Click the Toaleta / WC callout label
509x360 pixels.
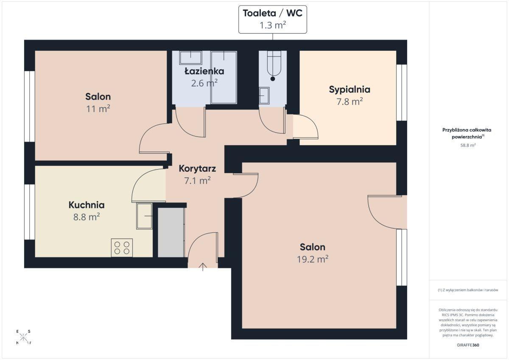pyautogui.click(x=272, y=13)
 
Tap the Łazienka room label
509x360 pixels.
pyautogui.click(x=204, y=71)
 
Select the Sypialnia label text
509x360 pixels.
pyautogui.click(x=350, y=89)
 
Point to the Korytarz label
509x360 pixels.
pyautogui.click(x=197, y=168)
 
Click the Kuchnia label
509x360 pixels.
pyautogui.click(x=87, y=205)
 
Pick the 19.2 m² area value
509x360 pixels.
pyautogui.click(x=313, y=259)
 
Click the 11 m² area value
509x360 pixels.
pyautogui.click(x=98, y=109)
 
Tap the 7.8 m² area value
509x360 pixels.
pyautogui.click(x=350, y=101)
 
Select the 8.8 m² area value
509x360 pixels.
pyautogui.click(x=87, y=217)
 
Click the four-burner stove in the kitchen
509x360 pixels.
pyautogui.click(x=122, y=248)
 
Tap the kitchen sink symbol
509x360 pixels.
pyautogui.click(x=145, y=216)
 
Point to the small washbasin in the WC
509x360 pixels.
pyautogui.click(x=264, y=96)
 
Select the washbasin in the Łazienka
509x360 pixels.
pyautogui.click(x=190, y=58)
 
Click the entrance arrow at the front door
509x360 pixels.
pyautogui.click(x=203, y=267)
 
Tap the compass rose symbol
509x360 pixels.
pyautogui.click(x=23, y=337)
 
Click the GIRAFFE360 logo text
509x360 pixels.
pyautogui.click(x=468, y=345)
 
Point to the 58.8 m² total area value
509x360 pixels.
pyautogui.click(x=468, y=145)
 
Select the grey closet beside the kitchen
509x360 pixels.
pyautogui.click(x=171, y=232)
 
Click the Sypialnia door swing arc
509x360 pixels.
pyautogui.click(x=311, y=123)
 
